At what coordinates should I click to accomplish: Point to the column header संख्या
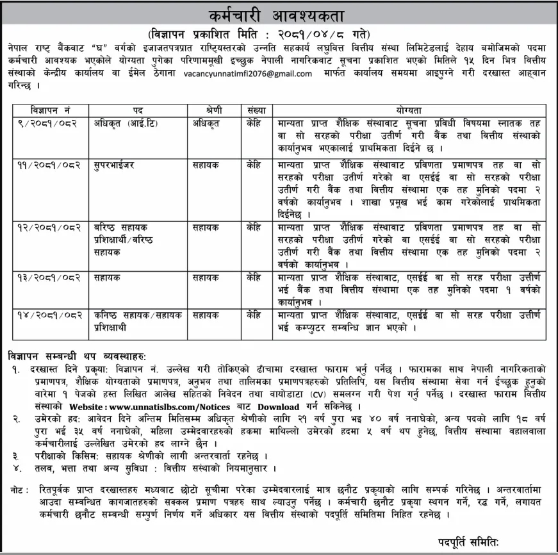click(x=252, y=110)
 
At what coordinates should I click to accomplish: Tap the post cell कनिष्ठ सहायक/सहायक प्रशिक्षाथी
click(x=135, y=321)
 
